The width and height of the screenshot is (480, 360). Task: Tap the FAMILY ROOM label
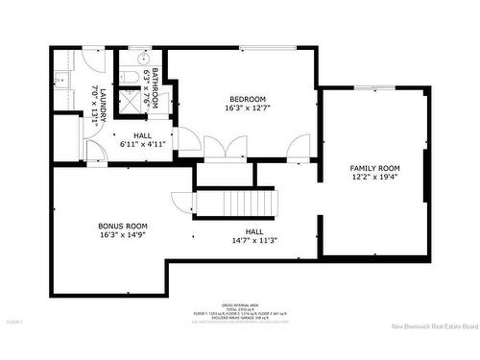[374, 168]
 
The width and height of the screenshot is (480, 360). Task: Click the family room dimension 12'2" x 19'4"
[374, 178]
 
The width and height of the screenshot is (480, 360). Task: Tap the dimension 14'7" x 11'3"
[254, 240]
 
